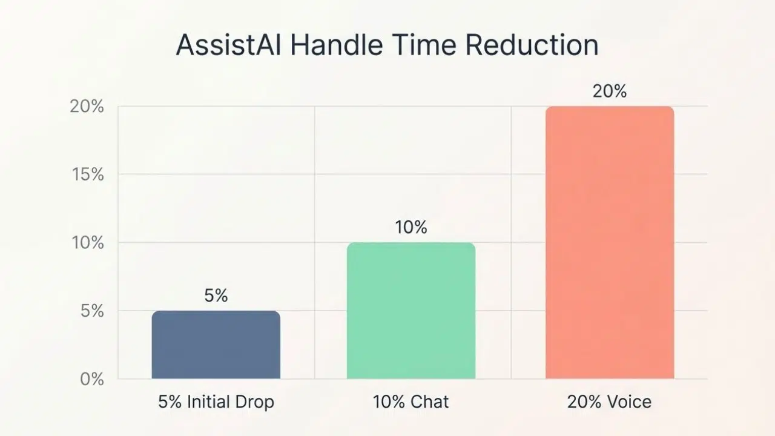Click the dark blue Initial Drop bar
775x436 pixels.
(216, 345)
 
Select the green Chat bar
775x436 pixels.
(411, 311)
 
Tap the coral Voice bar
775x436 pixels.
(609, 242)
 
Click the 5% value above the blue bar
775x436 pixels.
(216, 296)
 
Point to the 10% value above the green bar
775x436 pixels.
(411, 228)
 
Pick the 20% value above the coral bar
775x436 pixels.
(609, 91)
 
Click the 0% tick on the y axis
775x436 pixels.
(92, 380)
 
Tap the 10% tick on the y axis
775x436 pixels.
(88, 243)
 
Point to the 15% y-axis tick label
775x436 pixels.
(88, 174)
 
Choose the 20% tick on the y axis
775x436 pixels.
(88, 107)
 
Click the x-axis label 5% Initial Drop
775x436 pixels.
(216, 401)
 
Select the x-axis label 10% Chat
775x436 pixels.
(411, 401)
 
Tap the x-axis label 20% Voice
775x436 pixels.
(609, 401)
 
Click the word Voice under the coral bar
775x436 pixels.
(630, 401)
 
